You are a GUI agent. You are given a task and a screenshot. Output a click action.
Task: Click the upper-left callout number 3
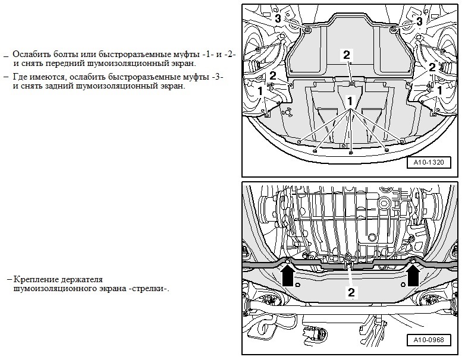pyautogui.click(x=278, y=20)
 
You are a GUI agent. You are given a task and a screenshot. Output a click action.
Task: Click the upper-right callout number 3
pyautogui.click(x=419, y=21)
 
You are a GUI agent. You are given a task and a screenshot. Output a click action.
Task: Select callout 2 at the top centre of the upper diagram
pyautogui.click(x=347, y=54)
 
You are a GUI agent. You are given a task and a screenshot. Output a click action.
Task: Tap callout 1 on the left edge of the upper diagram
pyautogui.click(x=260, y=91)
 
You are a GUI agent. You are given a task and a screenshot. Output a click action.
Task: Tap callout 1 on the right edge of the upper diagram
pyautogui.click(x=439, y=90)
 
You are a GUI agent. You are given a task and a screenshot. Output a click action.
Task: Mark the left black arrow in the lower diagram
pyautogui.click(x=288, y=276)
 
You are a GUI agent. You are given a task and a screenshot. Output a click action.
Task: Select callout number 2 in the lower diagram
pyautogui.click(x=351, y=292)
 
